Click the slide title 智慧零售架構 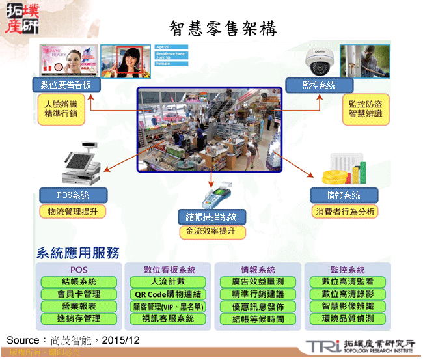tap(223, 28)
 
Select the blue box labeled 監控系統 tap(318, 85)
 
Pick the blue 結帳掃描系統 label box tap(211, 216)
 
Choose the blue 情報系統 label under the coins tap(343, 195)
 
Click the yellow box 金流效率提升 tap(211, 231)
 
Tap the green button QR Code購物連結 tap(168, 294)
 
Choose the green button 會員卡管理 tap(79, 294)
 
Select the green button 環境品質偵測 tap(348, 318)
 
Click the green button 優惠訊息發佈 tap(258, 307)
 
